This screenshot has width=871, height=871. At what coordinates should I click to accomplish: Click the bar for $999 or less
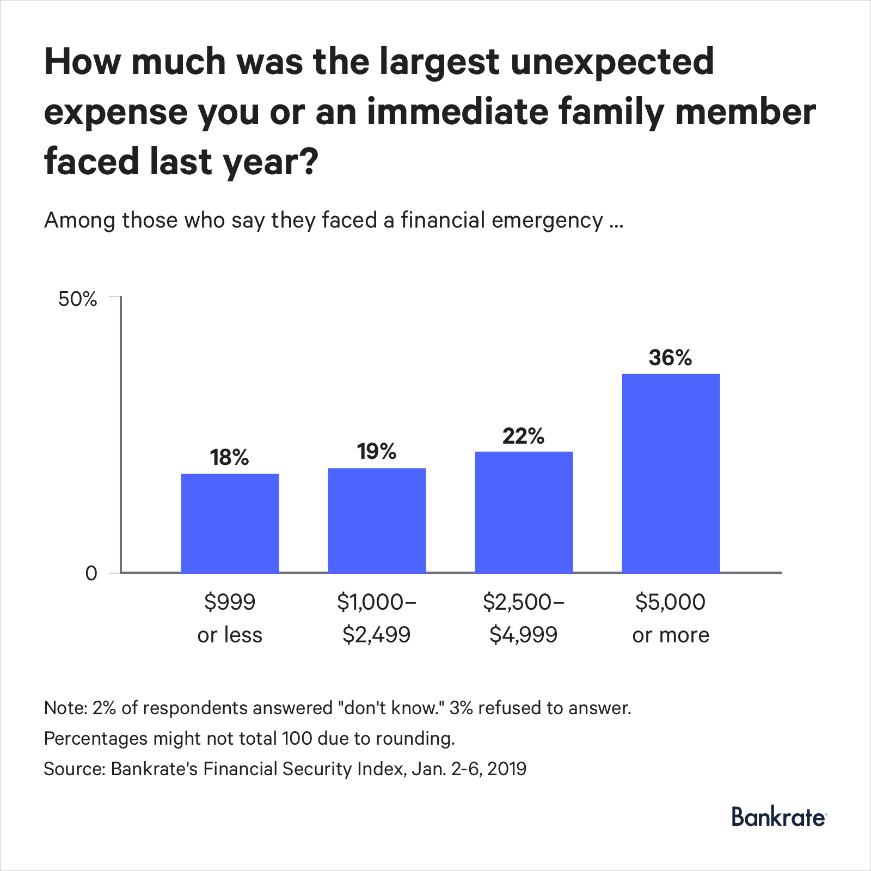click(x=230, y=523)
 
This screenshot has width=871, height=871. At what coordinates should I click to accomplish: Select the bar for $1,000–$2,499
click(x=377, y=520)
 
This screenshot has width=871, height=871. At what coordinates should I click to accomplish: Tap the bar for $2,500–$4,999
click(x=524, y=512)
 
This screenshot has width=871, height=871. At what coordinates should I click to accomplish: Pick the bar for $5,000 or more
click(x=671, y=473)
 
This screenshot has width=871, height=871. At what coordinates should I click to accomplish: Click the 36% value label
click(x=670, y=358)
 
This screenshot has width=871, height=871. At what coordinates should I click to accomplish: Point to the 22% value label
click(x=523, y=436)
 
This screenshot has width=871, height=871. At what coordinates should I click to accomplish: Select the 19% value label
click(x=377, y=451)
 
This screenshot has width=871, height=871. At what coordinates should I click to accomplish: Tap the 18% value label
click(x=229, y=457)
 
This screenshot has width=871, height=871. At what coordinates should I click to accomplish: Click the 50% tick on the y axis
click(x=78, y=299)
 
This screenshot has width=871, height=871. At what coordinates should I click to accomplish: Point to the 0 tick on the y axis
click(x=91, y=573)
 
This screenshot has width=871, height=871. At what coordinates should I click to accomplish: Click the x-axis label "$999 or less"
click(x=230, y=618)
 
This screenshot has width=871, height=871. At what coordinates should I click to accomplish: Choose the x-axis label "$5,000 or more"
click(x=671, y=618)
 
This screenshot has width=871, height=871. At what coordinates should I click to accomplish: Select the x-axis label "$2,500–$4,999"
click(x=524, y=618)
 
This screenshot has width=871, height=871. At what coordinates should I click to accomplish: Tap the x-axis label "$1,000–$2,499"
click(x=377, y=618)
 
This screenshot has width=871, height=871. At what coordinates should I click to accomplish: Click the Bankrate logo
click(x=778, y=817)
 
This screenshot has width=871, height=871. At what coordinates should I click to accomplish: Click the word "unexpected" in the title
click(x=612, y=61)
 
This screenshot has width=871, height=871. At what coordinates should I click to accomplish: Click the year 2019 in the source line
click(x=506, y=769)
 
